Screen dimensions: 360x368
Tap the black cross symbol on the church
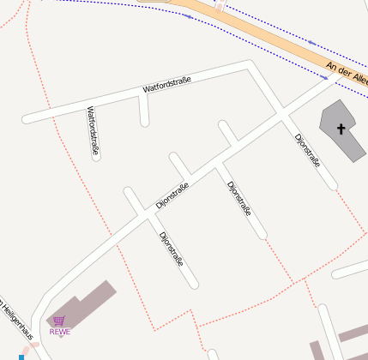pos(341,129)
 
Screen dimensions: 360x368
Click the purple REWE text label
pos(60,332)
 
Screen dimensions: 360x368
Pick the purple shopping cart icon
pos(59,321)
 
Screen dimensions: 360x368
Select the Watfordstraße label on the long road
pos(166,85)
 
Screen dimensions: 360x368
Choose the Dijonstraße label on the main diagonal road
pos(172,195)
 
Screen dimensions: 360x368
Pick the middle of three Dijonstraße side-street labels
pos(238,198)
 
